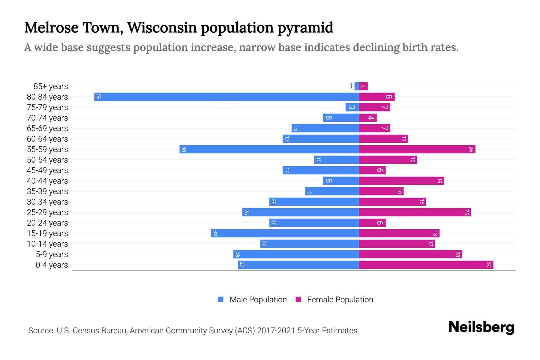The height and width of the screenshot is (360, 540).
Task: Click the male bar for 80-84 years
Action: coord(226,97)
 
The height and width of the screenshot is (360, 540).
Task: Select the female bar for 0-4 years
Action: coord(426,265)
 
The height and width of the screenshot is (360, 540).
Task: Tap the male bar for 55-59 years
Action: coord(269,149)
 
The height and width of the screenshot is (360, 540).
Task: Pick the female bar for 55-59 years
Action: coord(417,149)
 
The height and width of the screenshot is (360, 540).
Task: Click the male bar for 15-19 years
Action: coord(285,233)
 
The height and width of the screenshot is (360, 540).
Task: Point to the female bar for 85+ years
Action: coord(363,86)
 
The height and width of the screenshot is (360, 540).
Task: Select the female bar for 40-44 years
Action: coord(401,181)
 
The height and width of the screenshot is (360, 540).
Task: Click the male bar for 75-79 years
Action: coord(352,107)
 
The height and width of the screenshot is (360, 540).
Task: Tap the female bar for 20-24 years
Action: coord(372,223)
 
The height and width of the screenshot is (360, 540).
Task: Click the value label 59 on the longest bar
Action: coord(99,97)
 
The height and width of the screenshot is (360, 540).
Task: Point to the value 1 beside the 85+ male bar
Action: coord(351,86)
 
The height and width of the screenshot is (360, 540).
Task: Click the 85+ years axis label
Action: coord(50,86)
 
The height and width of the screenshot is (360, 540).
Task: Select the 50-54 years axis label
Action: coord(47,160)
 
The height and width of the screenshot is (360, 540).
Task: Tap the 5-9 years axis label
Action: coord(52,254)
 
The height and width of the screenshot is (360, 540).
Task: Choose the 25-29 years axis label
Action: coord(47,212)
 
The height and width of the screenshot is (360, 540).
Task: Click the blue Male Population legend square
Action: coord(221,299)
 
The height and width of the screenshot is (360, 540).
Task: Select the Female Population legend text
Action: coord(340,300)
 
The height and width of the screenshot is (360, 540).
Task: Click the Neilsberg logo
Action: coord(481,327)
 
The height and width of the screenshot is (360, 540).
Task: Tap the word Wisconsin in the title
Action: coord(162,28)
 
